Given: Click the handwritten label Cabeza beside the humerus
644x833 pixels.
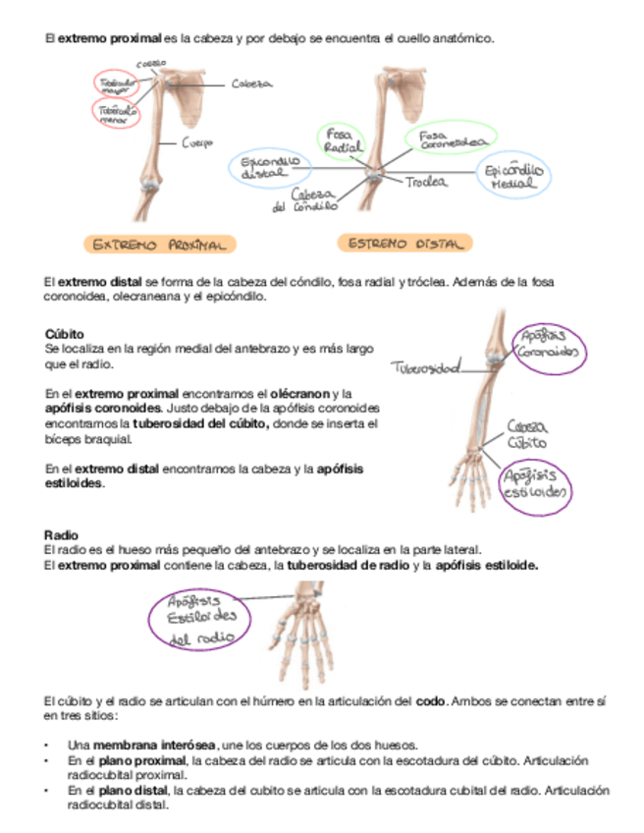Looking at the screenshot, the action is tap(251, 84).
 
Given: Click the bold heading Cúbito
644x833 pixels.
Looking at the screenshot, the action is tap(64, 334).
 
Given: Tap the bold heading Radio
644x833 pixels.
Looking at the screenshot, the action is tap(61, 534).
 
